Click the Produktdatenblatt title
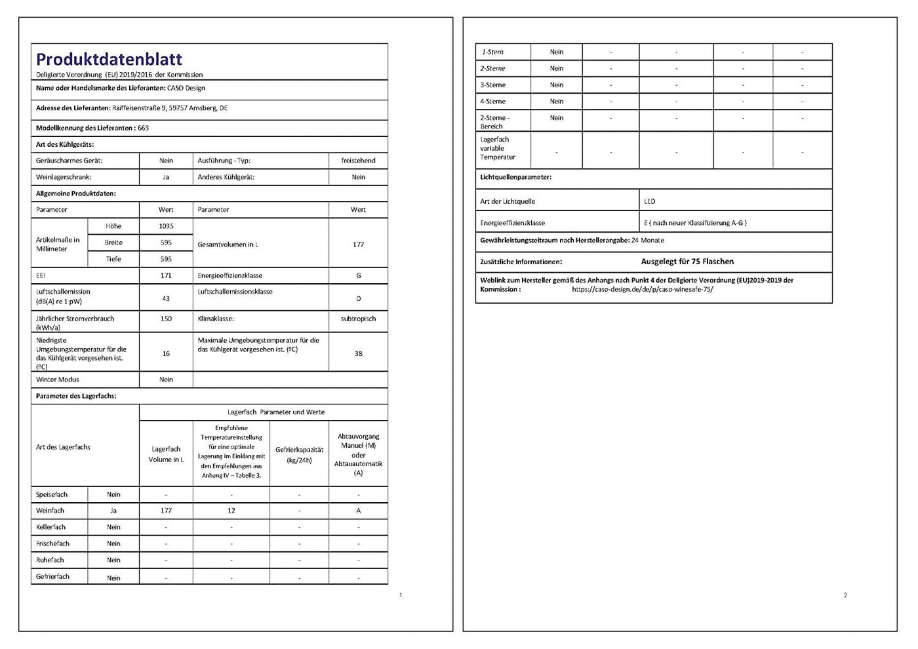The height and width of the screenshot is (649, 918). point(109,59)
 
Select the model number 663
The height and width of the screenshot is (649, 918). point(143,128)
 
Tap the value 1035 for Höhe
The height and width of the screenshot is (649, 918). point(166,226)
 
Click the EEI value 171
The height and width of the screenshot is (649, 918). point(166,275)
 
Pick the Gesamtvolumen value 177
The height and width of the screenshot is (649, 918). point(358,245)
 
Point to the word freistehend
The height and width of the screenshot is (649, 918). point(358,160)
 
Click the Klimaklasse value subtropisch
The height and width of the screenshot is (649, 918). point(358,319)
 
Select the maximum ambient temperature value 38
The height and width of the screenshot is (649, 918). point(358,353)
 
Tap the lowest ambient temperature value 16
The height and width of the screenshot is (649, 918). point(166,353)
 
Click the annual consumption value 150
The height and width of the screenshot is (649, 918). point(166,319)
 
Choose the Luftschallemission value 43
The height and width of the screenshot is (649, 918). point(166,298)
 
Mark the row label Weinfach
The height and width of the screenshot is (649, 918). point(50,511)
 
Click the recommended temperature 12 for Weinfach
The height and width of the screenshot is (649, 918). point(231,511)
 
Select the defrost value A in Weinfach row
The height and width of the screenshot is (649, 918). point(358,511)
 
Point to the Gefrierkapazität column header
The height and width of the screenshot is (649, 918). point(299,454)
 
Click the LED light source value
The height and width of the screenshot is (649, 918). point(650,201)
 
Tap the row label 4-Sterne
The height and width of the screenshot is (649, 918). point(492,102)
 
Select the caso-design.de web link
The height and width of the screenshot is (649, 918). point(642,289)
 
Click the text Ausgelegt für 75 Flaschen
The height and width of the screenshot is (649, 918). point(687,262)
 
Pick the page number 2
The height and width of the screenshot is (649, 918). point(845,595)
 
